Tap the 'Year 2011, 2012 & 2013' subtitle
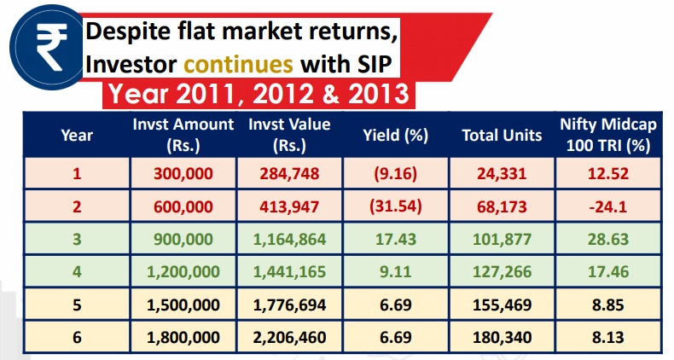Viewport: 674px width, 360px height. (x=257, y=93)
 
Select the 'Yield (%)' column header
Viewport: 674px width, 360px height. (x=395, y=135)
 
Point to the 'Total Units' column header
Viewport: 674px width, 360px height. (x=502, y=135)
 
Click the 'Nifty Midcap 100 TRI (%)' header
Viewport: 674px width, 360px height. (x=607, y=135)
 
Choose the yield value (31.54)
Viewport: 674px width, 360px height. (x=395, y=206)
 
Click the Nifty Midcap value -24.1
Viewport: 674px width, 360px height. (x=607, y=206)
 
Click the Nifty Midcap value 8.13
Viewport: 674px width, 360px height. (x=607, y=338)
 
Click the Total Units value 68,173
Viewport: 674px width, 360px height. (x=502, y=206)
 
